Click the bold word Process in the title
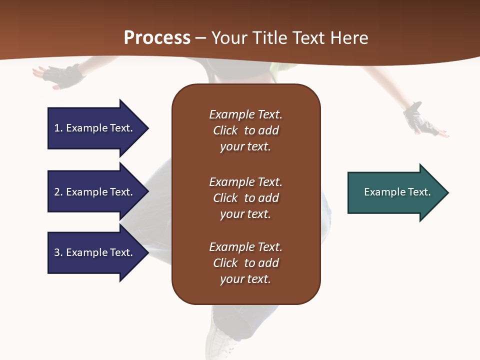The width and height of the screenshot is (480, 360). [157, 38]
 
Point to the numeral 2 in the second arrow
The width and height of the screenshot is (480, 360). [57, 192]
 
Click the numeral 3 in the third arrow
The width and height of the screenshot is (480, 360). [57, 252]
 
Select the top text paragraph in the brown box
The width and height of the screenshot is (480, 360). [245, 130]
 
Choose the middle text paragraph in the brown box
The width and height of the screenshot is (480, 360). [245, 198]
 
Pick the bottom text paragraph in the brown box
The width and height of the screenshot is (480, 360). [245, 263]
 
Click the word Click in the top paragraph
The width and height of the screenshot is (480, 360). [225, 130]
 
